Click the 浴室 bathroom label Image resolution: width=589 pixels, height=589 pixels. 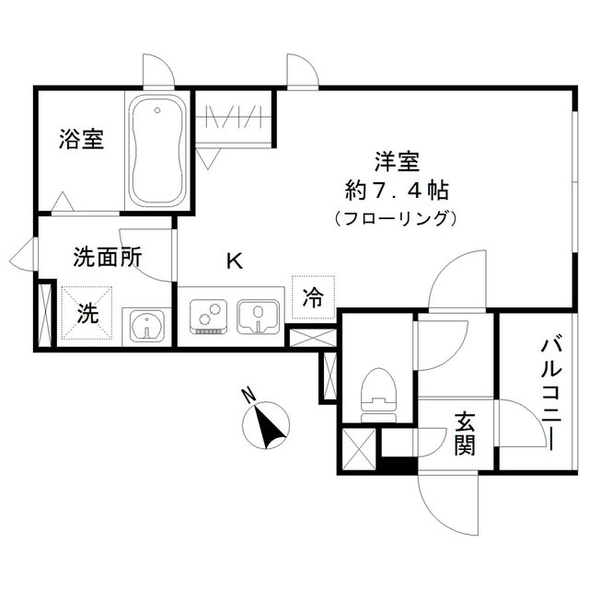pos(81,140)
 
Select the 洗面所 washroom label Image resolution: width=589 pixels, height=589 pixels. pos(107,259)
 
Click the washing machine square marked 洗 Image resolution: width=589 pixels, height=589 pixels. pos(87,312)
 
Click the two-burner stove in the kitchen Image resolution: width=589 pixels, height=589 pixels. pos(210,318)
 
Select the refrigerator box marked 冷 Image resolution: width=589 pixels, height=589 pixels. pos(313,297)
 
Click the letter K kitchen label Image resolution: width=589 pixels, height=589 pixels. pos(235,261)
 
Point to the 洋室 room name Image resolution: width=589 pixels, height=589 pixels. pos(397,163)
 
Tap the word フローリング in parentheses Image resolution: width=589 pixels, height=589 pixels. pos(396,219)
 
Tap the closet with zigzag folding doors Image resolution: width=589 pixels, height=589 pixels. pos(234,120)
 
